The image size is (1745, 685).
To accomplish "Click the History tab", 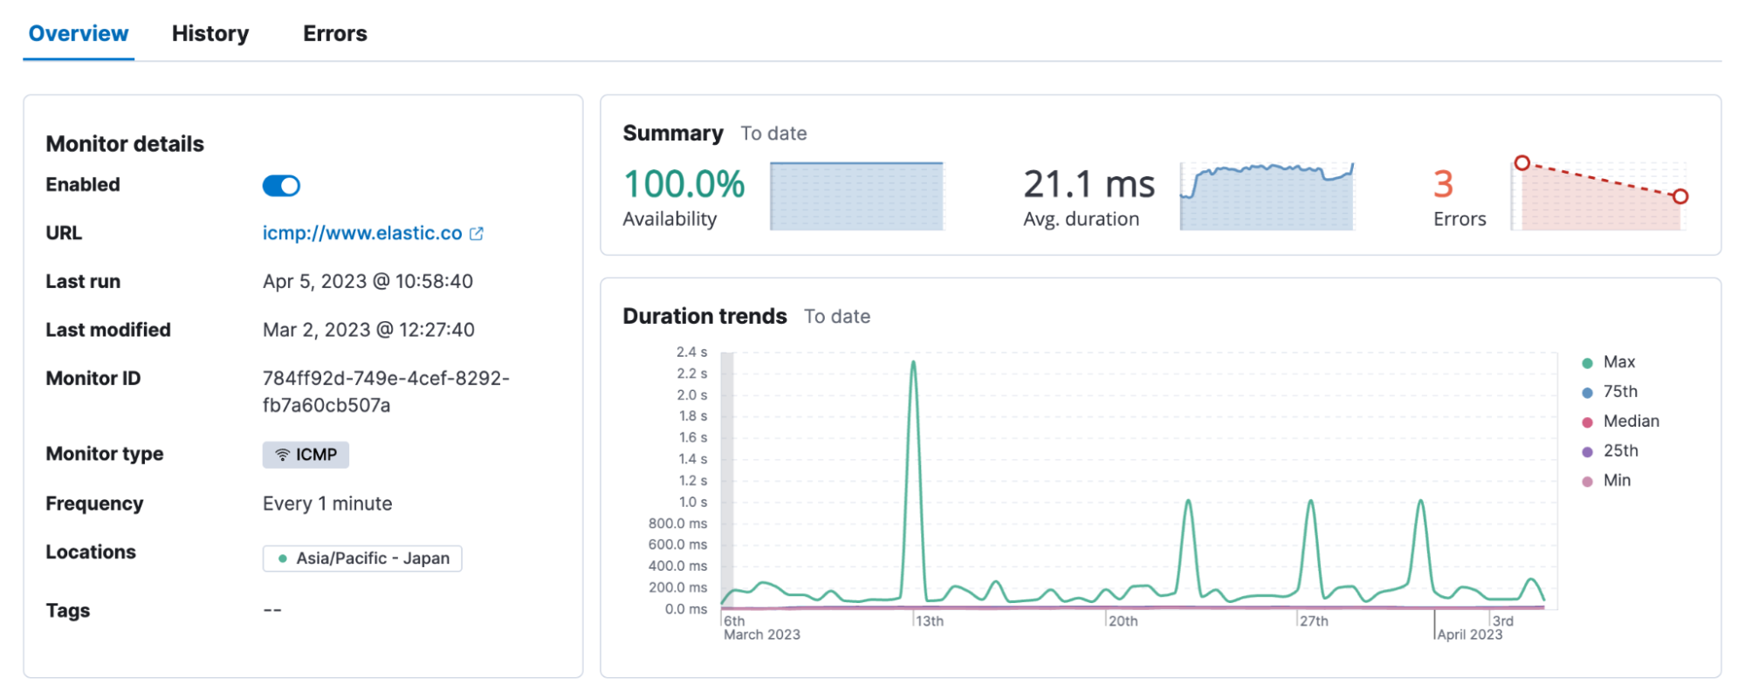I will [x=210, y=34].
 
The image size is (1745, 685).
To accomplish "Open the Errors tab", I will [x=335, y=34].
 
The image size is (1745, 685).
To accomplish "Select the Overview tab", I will [x=79, y=34].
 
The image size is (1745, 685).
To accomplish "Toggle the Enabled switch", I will [x=281, y=186].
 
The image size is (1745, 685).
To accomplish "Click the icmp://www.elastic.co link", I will [x=362, y=234].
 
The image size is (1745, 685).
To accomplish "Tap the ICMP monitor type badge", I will [x=306, y=455].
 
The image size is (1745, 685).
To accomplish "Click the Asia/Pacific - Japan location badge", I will [x=362, y=558].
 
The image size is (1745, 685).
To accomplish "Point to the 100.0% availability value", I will [x=684, y=184].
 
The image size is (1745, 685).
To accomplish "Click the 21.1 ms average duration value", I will [x=1089, y=184].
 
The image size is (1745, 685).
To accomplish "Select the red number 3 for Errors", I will [x=1443, y=184].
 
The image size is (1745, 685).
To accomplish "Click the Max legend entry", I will [x=1618, y=362].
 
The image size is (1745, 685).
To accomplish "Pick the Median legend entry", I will [x=1630, y=421].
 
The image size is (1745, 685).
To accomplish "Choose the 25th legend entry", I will [x=1619, y=451].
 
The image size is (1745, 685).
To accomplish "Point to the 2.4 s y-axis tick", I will [x=691, y=353].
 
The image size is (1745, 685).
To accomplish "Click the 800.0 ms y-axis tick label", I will [x=677, y=524].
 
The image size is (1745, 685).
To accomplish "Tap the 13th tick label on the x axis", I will [x=930, y=621].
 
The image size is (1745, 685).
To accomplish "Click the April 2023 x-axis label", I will [x=1470, y=635].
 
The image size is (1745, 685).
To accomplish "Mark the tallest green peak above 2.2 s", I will [x=913, y=363].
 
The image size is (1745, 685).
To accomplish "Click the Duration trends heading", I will [x=704, y=317].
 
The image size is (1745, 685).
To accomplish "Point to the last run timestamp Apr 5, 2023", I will [x=368, y=282].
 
